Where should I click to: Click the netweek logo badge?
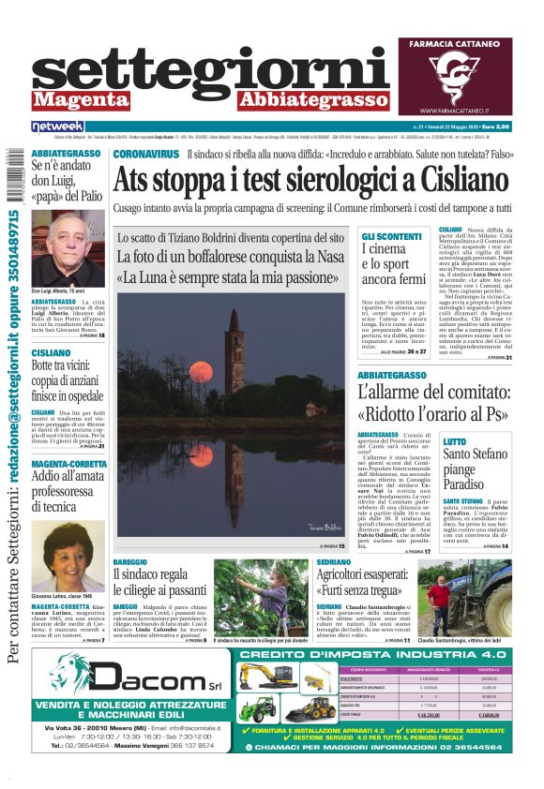pyautogui.click(x=58, y=126)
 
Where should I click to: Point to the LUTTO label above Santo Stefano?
pyautogui.click(x=454, y=440)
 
